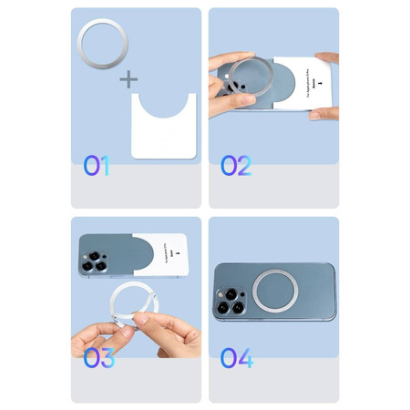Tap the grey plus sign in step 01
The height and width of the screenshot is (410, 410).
click(130, 80)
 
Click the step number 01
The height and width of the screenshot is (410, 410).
click(97, 166)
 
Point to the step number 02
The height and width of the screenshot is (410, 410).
click(236, 166)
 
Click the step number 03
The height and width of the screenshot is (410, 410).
click(99, 358)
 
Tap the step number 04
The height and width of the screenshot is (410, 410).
click(236, 358)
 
